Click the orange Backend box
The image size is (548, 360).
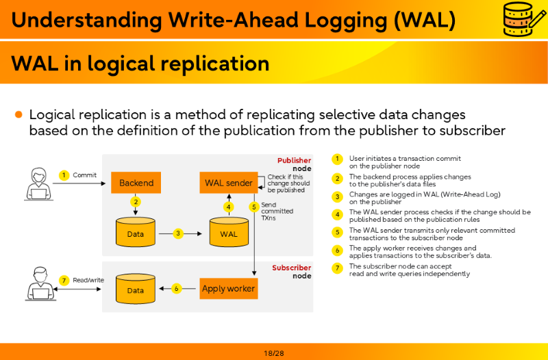(x=136, y=183)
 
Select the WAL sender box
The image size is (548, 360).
(x=229, y=183)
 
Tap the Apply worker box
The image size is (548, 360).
(x=229, y=288)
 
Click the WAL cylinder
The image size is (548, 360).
(x=229, y=232)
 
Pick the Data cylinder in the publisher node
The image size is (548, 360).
(x=135, y=232)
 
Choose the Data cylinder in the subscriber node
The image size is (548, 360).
(x=135, y=288)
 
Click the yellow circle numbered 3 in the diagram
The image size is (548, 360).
(x=178, y=233)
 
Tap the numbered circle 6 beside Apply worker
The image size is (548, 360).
(x=177, y=288)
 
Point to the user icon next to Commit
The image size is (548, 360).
(x=39, y=184)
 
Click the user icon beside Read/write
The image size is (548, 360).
(x=40, y=283)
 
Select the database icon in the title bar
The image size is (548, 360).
(x=523, y=19)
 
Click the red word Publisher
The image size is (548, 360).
(x=294, y=160)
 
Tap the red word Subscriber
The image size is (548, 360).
(x=292, y=268)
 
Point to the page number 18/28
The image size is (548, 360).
(x=274, y=353)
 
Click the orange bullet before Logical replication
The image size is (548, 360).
(x=18, y=114)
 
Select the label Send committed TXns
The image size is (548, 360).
(x=277, y=211)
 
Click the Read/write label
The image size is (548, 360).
(x=88, y=280)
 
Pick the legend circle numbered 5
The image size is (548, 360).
(x=337, y=232)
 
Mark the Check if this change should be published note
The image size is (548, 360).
(x=288, y=183)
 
